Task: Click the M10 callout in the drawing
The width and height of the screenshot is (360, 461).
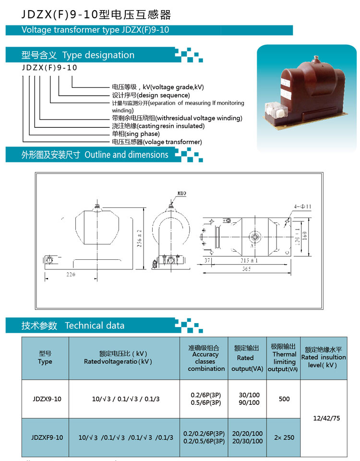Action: point(182,193)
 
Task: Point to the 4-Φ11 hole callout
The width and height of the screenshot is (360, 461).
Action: point(302,206)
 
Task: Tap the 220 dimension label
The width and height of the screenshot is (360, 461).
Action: point(71,274)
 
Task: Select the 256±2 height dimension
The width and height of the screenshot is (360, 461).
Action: point(139,238)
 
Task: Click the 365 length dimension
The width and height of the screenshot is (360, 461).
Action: point(247,269)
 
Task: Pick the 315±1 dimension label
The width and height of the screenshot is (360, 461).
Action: point(249,260)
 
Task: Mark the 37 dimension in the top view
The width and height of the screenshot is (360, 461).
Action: point(207,260)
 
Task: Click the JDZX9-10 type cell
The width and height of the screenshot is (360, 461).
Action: point(47,399)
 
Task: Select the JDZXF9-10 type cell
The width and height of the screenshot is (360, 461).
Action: point(47,437)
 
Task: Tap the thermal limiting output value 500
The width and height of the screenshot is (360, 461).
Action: point(284,399)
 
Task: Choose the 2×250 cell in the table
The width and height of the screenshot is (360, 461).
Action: point(284,437)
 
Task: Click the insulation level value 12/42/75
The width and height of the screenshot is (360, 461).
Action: point(326,418)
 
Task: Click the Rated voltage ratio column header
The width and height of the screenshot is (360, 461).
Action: point(118,361)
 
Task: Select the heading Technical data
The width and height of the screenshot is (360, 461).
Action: point(95,326)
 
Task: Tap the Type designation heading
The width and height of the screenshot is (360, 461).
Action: point(98,55)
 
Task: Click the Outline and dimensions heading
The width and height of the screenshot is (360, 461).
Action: point(126,155)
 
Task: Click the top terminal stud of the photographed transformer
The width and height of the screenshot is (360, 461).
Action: point(316,58)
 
